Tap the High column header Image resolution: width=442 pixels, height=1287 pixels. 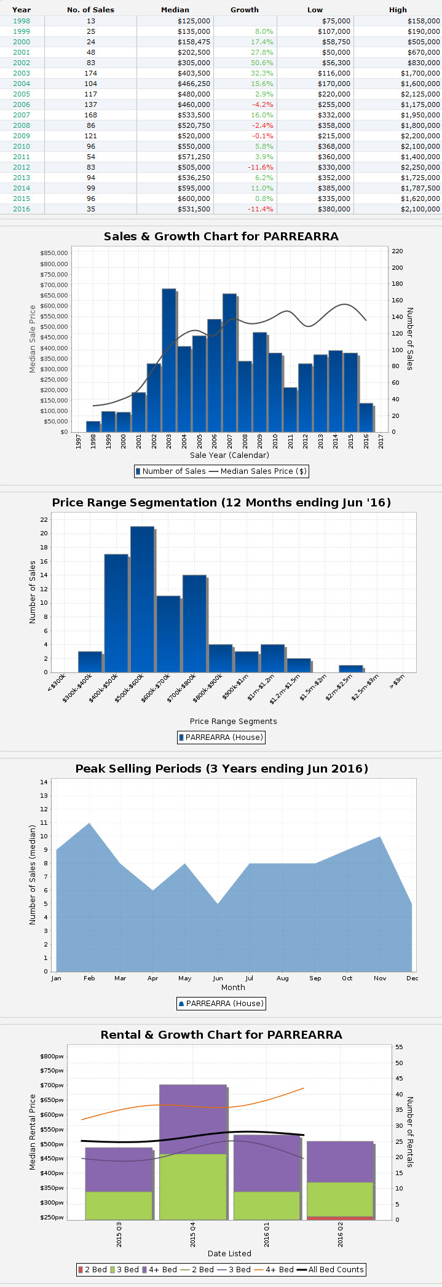click(x=398, y=10)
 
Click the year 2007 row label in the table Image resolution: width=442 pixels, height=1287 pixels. click(x=22, y=115)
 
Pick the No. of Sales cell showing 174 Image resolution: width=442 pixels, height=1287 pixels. click(x=90, y=73)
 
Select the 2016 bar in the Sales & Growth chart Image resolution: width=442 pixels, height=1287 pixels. click(x=366, y=417)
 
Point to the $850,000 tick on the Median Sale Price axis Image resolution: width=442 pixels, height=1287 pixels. click(x=54, y=253)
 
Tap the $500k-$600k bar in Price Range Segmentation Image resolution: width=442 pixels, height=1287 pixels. click(x=142, y=599)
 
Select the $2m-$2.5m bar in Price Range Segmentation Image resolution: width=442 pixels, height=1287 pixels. click(x=350, y=669)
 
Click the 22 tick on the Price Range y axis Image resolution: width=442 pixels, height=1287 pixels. click(x=44, y=519)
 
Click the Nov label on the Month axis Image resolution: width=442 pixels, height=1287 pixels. click(x=380, y=978)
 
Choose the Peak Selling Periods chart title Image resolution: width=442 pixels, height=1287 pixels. click(x=221, y=769)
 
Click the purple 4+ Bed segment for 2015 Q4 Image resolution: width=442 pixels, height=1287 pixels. click(x=193, y=1119)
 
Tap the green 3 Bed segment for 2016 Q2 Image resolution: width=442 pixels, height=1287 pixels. click(x=340, y=1199)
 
